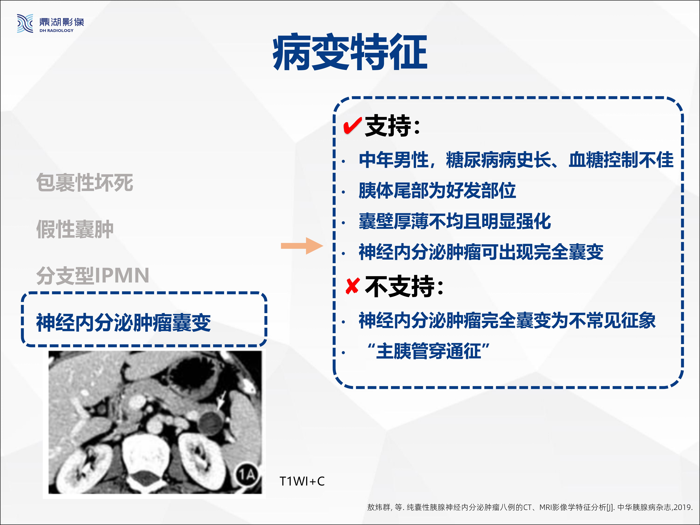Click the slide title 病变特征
(x=350, y=52)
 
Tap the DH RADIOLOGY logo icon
(x=25, y=23)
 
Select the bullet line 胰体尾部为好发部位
(x=437, y=191)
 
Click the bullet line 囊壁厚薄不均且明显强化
(x=455, y=221)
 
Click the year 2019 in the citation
(x=683, y=507)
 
